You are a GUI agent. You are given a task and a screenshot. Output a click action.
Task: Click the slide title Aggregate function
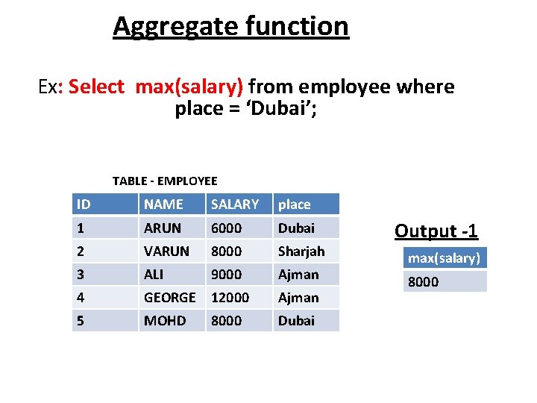click(x=230, y=27)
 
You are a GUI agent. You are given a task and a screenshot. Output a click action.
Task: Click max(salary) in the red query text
click(x=189, y=87)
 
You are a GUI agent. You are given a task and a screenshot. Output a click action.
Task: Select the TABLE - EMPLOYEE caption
click(x=165, y=181)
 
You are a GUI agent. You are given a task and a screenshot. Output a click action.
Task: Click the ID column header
click(x=84, y=204)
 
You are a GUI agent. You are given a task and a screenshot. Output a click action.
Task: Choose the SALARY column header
click(x=235, y=204)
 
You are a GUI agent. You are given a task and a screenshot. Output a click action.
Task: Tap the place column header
click(x=294, y=204)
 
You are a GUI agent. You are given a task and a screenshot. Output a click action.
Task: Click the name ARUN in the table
click(x=163, y=228)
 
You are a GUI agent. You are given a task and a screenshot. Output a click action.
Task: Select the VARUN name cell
click(x=166, y=252)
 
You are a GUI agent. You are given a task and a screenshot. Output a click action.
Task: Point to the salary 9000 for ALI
click(x=226, y=275)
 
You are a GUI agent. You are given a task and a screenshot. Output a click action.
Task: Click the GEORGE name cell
click(x=170, y=298)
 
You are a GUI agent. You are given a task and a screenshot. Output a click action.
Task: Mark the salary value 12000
click(x=230, y=298)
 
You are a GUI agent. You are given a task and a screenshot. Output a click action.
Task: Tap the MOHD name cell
click(x=165, y=321)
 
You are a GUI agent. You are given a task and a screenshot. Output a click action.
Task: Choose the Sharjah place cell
click(x=301, y=252)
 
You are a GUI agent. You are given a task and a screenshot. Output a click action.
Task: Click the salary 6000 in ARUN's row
click(x=226, y=228)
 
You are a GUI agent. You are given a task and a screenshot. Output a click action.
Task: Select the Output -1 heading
click(x=436, y=231)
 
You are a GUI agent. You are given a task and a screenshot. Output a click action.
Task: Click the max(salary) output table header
click(x=443, y=258)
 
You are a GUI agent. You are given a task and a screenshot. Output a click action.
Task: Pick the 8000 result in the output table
click(x=423, y=282)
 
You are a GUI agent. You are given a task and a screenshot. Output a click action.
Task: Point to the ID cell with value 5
click(x=81, y=321)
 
